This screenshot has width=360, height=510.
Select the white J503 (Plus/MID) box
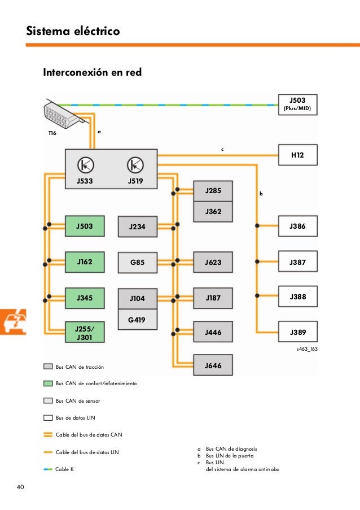[x=297, y=103]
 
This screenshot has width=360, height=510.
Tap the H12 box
[x=297, y=154]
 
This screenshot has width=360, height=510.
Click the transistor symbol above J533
[x=86, y=164]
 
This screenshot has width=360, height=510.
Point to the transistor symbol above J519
[x=135, y=164]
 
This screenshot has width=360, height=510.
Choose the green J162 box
[x=85, y=261]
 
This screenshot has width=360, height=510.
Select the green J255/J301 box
[x=85, y=332]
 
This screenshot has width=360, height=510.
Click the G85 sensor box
[x=137, y=263]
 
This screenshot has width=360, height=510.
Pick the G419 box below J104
[x=137, y=320]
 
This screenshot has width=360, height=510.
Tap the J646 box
[x=213, y=366]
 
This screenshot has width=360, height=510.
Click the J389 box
[x=297, y=332]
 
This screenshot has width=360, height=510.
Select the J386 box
[x=297, y=226]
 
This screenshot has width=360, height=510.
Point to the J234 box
[x=137, y=226]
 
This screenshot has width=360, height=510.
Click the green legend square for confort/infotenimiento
[x=48, y=383]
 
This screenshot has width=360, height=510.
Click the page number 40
[x=20, y=487]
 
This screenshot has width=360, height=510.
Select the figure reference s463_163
[x=307, y=349]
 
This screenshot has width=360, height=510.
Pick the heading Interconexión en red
[x=92, y=73]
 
